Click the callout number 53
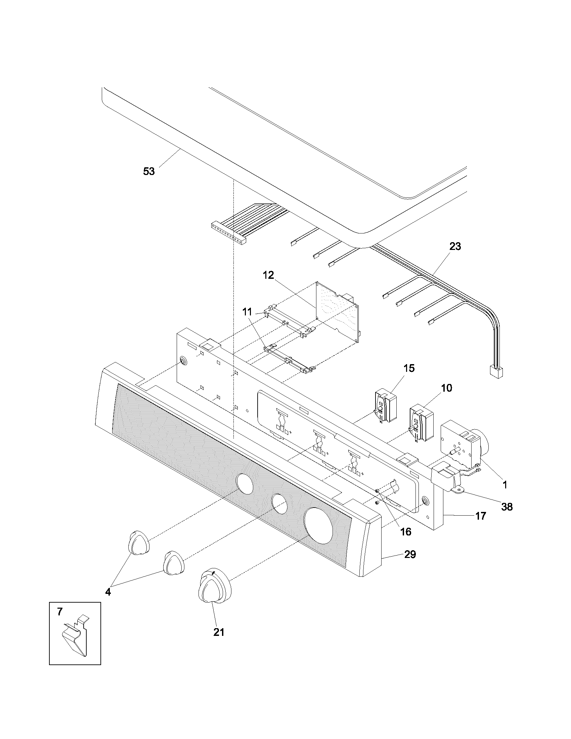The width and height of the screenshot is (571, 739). pos(149,172)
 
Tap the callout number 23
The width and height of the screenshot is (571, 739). pos(455,247)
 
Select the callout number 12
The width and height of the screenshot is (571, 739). pos(268,275)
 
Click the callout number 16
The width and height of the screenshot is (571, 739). pos(406,532)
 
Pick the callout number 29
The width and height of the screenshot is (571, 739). pos(410,555)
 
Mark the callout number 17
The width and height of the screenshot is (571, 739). pos(480,516)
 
